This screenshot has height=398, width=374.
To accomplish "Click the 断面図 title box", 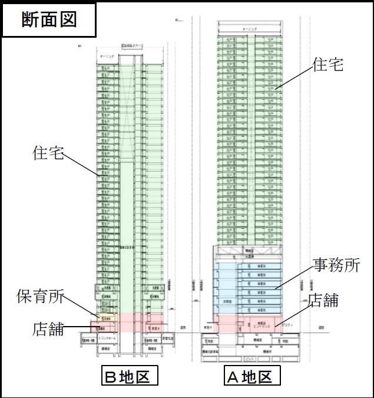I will point(49,20).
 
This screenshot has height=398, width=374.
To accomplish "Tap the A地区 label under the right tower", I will point(251,376).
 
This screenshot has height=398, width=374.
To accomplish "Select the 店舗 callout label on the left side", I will point(48,328).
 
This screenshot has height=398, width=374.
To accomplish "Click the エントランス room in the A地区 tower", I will point(259,324).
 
